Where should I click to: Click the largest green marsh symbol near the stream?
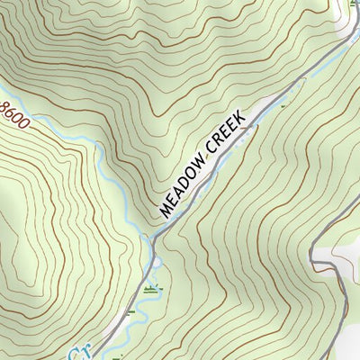151,289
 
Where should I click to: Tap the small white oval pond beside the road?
157,262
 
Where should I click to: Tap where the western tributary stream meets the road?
150,241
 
